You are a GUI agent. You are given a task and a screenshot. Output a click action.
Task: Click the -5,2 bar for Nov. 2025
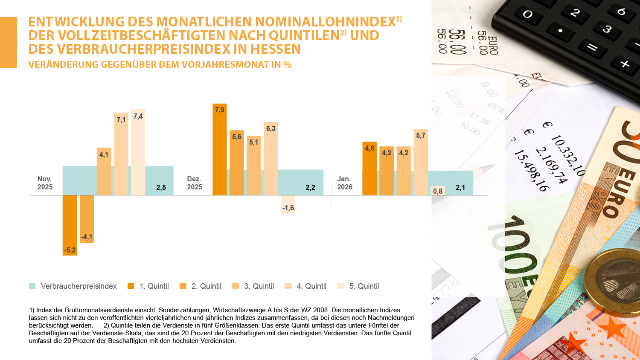[x=70, y=225]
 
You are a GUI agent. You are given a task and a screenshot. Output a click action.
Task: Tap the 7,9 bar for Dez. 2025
[x=220, y=149]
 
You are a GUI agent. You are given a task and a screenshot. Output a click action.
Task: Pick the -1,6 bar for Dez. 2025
[x=288, y=204]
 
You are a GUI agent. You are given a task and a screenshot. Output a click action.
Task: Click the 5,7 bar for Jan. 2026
[x=421, y=162]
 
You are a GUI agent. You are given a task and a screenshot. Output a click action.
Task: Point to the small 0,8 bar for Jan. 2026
[x=438, y=191]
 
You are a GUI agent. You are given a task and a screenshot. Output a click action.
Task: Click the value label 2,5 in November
[x=161, y=188]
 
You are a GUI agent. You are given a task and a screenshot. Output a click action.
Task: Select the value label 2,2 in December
[x=310, y=188]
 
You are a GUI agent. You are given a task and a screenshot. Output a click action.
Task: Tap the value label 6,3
[x=271, y=129]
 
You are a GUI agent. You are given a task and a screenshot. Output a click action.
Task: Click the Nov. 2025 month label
[x=45, y=183]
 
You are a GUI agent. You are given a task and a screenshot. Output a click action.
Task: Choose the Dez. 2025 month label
[x=195, y=183]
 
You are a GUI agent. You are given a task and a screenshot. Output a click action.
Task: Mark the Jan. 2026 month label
[x=345, y=183]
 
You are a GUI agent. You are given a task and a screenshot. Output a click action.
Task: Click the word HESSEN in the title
[x=276, y=49]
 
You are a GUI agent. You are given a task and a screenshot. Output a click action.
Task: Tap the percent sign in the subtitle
[x=288, y=65]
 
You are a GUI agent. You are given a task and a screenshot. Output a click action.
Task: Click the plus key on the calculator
[x=625, y=64]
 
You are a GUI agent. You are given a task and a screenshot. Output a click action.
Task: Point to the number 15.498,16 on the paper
[x=531, y=170]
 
